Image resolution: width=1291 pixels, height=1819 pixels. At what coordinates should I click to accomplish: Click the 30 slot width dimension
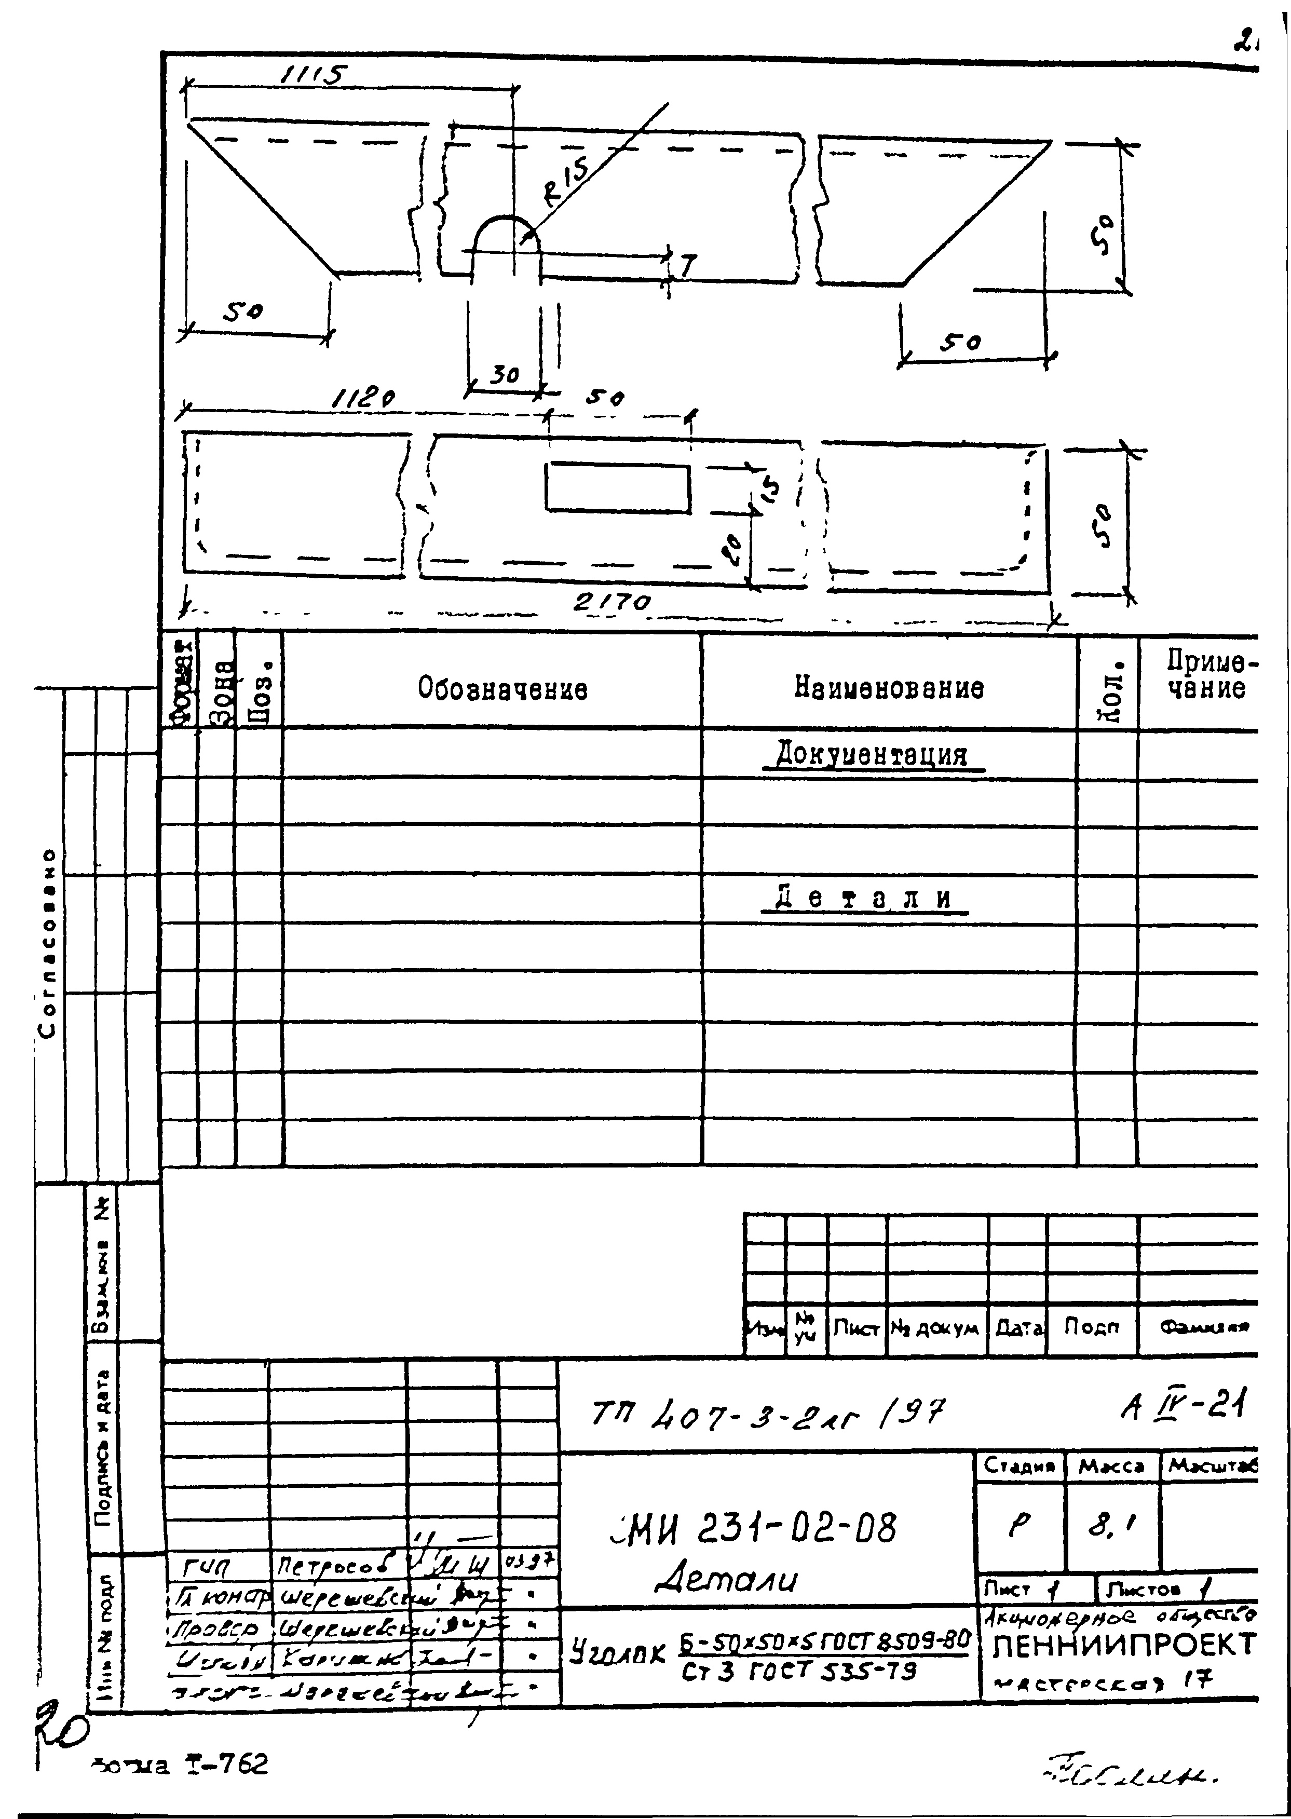[504, 374]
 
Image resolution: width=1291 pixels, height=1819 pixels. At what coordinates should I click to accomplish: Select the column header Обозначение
[502, 688]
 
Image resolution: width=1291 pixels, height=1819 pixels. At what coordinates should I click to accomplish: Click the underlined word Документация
[872, 753]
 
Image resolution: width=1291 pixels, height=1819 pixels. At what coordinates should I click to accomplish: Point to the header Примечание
[1205, 674]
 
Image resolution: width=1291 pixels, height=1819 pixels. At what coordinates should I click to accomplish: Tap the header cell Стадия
[1019, 1464]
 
